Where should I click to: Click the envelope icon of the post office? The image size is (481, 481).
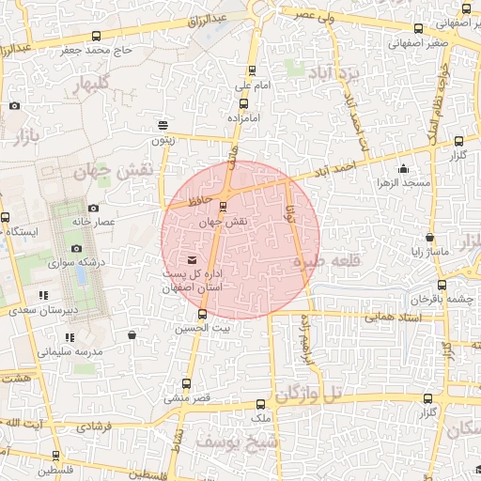click(x=193, y=259)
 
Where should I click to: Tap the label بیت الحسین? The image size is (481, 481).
click(x=201, y=329)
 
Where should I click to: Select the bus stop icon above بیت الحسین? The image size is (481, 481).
click(x=202, y=314)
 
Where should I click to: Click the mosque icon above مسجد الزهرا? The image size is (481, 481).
click(x=404, y=169)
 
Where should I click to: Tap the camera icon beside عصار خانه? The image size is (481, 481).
click(x=92, y=209)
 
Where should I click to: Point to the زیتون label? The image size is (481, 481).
click(x=163, y=140)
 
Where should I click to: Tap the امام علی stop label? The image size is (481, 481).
click(x=252, y=86)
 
